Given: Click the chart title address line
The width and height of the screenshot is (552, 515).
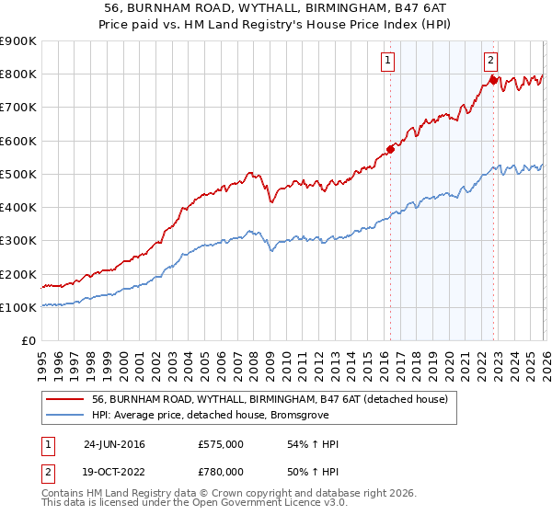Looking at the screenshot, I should coord(275,7).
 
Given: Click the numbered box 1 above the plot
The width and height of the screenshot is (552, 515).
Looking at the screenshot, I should coord(388,62).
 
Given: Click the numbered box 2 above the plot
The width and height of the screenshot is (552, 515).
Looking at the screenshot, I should coord(491,62).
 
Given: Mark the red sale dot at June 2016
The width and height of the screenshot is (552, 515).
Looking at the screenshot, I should coord(390,149).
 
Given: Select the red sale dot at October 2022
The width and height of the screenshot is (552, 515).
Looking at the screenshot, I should coord(493,80).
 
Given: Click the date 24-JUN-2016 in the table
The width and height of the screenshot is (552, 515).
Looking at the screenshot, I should coord(114,444).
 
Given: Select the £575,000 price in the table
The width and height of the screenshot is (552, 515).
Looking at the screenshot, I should coord(221,444).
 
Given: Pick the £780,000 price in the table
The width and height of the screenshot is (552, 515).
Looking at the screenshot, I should coord(221,472).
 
